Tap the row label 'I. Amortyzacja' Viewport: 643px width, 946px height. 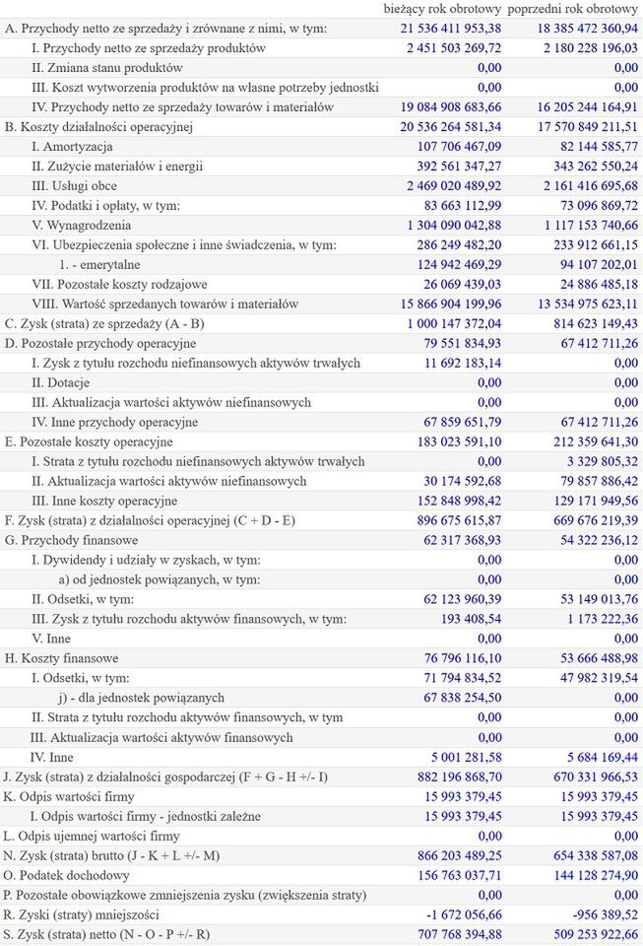(x=72, y=146)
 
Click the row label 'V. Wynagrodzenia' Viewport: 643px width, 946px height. (x=81, y=225)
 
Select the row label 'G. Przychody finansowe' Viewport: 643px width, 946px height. (x=71, y=540)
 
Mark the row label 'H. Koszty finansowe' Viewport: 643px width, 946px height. (x=63, y=657)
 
